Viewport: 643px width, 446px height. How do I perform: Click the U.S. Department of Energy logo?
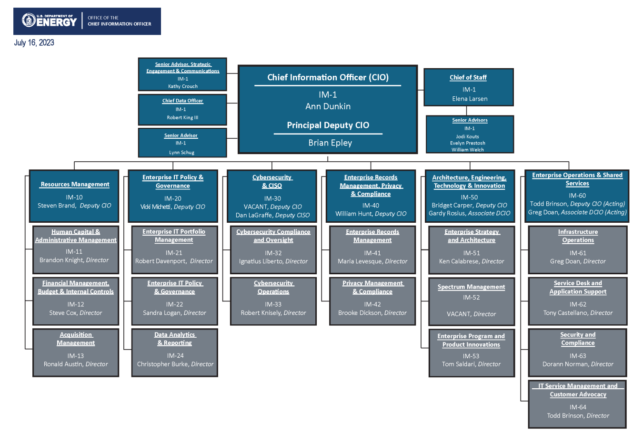50,21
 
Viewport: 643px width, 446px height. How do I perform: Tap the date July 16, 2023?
34,43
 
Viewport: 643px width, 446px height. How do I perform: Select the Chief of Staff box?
469,87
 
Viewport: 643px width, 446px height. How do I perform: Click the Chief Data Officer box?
182,109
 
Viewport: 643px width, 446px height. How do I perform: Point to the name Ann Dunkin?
328,106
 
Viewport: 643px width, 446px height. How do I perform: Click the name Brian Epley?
330,143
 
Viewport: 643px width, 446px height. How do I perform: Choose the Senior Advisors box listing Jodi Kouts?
470,135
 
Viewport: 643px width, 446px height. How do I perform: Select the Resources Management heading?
75,184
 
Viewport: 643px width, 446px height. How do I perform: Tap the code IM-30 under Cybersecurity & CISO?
272,198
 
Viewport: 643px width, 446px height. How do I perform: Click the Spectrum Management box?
472,301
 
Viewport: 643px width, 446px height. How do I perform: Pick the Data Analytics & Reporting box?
175,352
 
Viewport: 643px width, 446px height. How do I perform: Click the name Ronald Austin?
63,364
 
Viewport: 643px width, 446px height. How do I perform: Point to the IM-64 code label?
578,407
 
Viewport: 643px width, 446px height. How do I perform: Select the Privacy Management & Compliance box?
372,301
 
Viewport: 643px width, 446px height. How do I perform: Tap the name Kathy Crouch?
183,86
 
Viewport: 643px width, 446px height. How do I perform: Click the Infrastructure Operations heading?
578,236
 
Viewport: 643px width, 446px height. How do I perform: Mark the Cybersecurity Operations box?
273,301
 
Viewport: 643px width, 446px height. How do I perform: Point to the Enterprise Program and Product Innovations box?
472,353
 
